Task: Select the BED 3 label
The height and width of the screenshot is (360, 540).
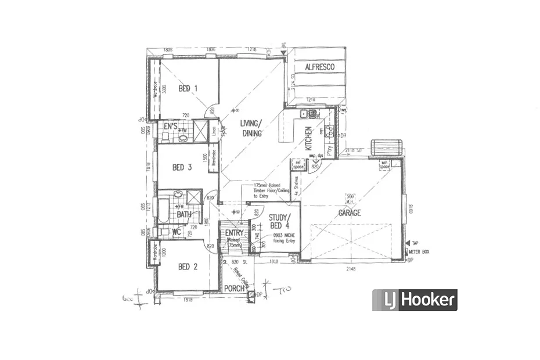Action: (182, 167)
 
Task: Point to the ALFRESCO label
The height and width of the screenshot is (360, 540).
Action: (320, 67)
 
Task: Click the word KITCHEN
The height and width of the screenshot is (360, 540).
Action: (308, 139)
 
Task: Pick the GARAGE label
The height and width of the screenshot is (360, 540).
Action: (350, 213)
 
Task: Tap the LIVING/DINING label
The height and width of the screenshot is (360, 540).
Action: (251, 127)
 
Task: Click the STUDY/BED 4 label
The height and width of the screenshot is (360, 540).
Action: (278, 221)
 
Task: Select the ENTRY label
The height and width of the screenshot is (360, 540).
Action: (234, 233)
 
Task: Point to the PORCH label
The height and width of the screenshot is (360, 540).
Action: (234, 289)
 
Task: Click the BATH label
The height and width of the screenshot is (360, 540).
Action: (184, 214)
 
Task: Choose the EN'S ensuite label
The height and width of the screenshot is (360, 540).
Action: (170, 125)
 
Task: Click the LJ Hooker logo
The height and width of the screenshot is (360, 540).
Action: (415, 300)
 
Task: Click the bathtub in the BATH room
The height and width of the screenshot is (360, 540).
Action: (163, 210)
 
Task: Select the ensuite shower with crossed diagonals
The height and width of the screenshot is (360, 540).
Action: (200, 132)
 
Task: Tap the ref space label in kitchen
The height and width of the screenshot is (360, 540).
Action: (298, 164)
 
